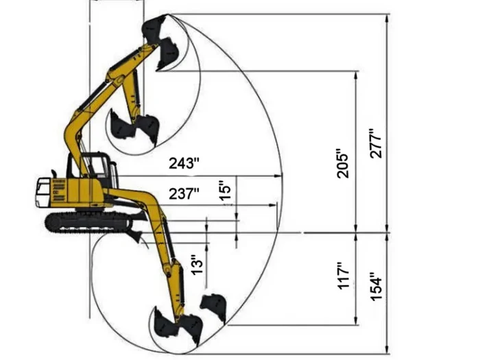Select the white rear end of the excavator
43,193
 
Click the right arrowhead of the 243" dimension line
280,176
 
